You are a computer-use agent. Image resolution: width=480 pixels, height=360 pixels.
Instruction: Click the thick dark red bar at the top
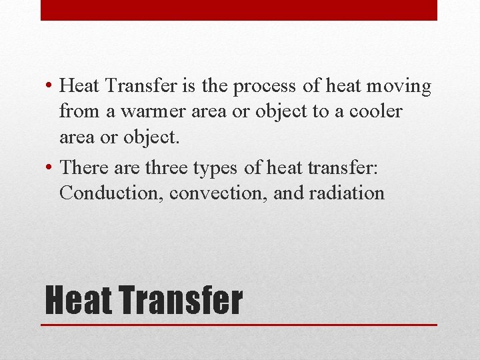[239, 10]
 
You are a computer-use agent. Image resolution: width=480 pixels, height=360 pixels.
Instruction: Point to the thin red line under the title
[239, 325]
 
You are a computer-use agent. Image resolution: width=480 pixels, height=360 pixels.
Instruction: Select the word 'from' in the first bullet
[76, 111]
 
